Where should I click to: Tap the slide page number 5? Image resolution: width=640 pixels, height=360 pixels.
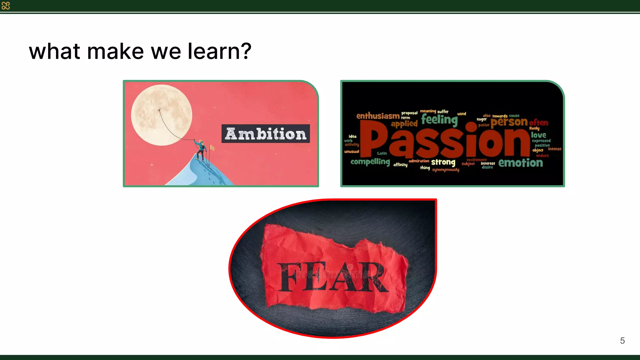point(622,341)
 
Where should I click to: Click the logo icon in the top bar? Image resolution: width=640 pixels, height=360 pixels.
point(6,6)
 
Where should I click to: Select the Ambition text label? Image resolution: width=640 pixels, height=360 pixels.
point(266,134)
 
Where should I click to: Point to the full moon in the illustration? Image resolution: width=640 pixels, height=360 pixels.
point(161,115)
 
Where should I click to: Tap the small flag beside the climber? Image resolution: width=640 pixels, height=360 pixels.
point(212,147)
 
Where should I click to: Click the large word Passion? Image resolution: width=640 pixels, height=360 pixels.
point(445,140)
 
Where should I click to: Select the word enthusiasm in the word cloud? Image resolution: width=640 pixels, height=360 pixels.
point(378,116)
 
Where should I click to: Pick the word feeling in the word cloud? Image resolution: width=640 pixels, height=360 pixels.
point(439,119)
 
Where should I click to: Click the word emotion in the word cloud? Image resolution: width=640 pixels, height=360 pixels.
point(521,163)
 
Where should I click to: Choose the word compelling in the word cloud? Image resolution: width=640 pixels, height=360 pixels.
point(370,162)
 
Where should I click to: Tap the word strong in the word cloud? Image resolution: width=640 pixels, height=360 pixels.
point(443,162)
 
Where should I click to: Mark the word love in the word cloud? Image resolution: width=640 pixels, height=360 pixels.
point(538,135)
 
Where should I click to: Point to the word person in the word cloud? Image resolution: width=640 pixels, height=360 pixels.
point(509,122)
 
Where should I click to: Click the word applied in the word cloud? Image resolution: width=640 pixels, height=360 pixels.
point(404,124)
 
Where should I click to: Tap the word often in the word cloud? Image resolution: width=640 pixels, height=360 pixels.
point(538,122)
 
